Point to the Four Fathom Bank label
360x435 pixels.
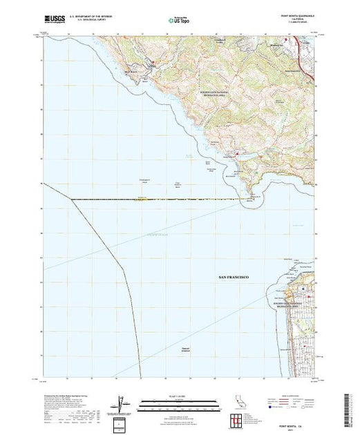[178, 184]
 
